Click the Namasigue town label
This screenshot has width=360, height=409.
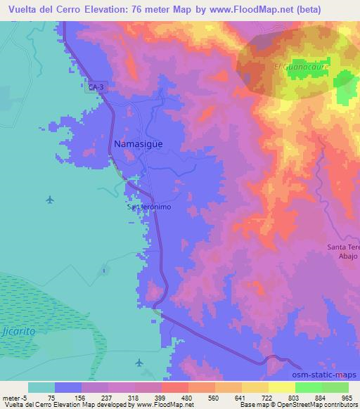pyautogui.click(x=139, y=143)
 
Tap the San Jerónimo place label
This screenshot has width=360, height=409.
pyautogui.click(x=149, y=208)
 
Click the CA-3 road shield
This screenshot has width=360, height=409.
pyautogui.click(x=97, y=86)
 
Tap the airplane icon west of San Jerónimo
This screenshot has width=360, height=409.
pyautogui.click(x=49, y=200)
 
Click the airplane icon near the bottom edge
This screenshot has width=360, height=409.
pyautogui.click(x=139, y=363)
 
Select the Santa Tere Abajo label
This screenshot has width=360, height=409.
pyautogui.click(x=344, y=252)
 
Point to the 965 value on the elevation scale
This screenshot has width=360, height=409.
pyautogui.click(x=347, y=398)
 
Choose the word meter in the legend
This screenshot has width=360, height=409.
pyautogui.click(x=10, y=398)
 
